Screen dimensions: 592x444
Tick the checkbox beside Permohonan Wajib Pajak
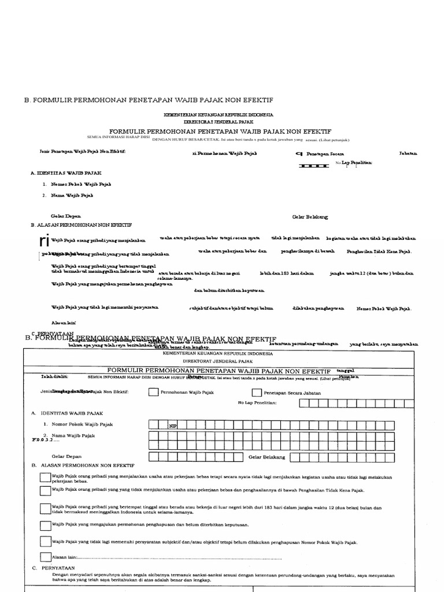tap(153, 392)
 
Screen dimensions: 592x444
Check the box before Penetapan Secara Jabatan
tap(257, 392)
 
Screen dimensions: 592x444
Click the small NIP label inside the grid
tap(172, 426)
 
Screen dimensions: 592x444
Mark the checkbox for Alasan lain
tap(45, 557)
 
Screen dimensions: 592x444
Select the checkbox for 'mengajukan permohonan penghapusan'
tap(45, 526)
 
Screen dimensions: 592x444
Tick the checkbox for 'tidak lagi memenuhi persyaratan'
tap(45, 542)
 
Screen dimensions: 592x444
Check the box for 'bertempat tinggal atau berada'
tap(45, 508)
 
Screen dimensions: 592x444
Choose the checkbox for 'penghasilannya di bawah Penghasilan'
tap(45, 490)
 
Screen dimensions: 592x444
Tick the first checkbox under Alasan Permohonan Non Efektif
tap(45, 476)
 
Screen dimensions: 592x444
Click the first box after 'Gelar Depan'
tap(154, 457)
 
